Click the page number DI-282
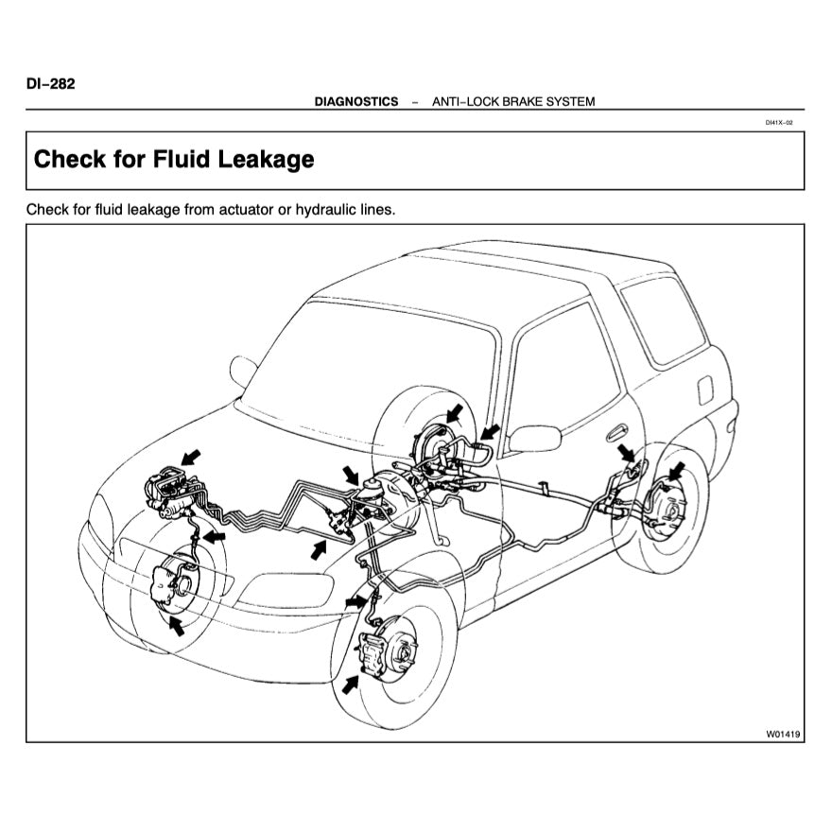point(51,83)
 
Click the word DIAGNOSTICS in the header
point(356,101)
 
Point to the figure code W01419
point(783,734)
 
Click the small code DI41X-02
point(778,122)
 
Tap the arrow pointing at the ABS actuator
point(191,458)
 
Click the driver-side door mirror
point(535,438)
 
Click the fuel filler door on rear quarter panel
point(704,389)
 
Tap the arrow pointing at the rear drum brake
point(676,471)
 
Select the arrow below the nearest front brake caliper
point(351,684)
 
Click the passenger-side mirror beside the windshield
point(243,370)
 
